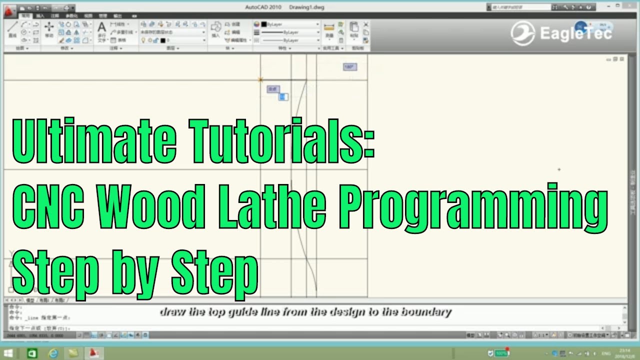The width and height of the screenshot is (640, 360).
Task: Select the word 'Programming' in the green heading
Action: point(475,206)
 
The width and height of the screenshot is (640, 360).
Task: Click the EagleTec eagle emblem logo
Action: point(522,33)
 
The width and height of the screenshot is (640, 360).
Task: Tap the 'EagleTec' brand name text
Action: point(576,33)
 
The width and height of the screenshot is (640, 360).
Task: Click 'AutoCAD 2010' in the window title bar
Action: point(263,7)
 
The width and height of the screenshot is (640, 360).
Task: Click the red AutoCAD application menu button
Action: point(9,8)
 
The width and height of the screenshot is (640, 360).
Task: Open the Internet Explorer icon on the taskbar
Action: point(52,353)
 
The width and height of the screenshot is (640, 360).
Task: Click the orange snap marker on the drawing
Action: point(260,79)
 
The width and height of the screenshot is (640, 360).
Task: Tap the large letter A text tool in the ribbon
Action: point(101,27)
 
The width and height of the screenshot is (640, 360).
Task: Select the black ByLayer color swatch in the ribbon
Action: point(264,24)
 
